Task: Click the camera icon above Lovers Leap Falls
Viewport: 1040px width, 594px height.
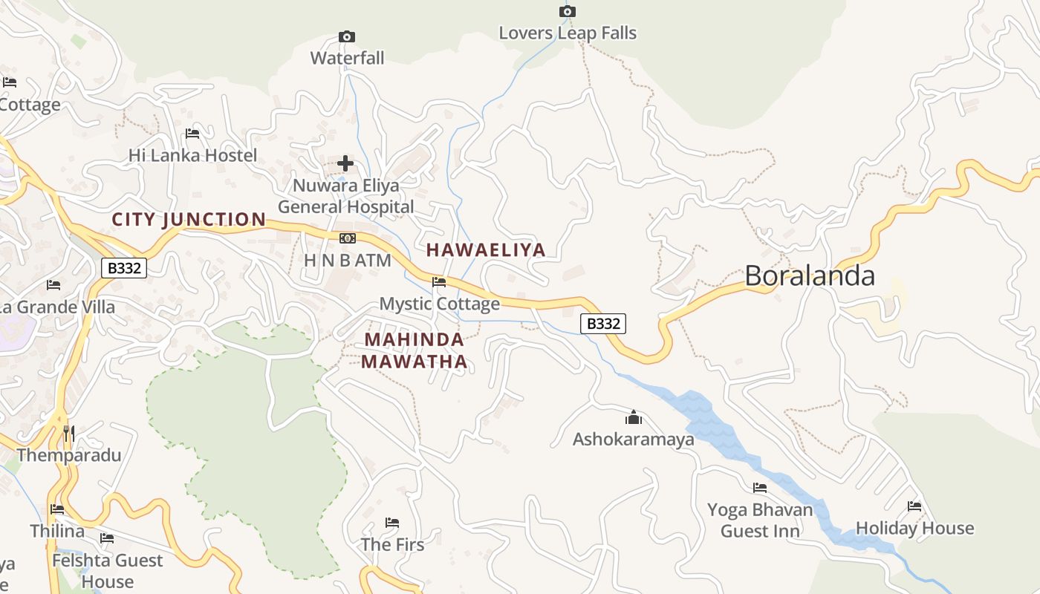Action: (x=567, y=11)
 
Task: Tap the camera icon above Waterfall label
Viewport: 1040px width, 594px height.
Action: (x=346, y=36)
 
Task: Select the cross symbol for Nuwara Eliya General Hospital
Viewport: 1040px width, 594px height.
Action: (x=345, y=163)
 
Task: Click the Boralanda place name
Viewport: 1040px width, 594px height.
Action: (x=809, y=275)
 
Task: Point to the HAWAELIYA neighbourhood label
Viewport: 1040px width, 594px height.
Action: (x=486, y=250)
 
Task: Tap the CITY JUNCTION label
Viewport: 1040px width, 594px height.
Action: (x=189, y=219)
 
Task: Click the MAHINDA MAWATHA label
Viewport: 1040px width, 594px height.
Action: (x=415, y=351)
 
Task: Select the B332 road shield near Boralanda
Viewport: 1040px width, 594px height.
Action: (x=602, y=324)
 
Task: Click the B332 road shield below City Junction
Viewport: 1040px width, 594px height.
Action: (x=124, y=268)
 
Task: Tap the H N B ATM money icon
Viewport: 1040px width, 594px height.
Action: (x=347, y=238)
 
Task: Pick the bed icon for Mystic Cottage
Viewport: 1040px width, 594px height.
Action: (x=439, y=282)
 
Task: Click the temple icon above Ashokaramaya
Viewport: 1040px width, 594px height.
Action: (x=633, y=417)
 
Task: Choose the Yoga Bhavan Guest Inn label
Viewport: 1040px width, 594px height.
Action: (x=760, y=520)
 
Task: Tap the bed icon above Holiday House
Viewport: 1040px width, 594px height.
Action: (x=914, y=506)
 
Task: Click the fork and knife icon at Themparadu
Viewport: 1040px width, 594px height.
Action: (x=69, y=434)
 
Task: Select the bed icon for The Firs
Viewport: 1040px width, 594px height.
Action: (x=392, y=523)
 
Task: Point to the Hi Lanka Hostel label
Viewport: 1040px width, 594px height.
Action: (x=192, y=155)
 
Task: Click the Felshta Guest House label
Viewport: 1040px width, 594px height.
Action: (x=107, y=570)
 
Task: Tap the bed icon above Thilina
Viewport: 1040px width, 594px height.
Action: (x=57, y=509)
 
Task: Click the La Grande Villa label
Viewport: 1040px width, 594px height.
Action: (x=57, y=307)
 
